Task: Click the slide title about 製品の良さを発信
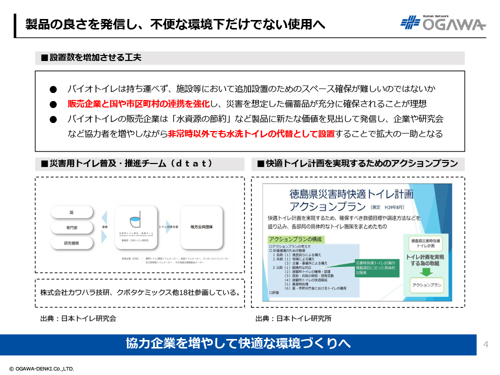(x=175, y=24)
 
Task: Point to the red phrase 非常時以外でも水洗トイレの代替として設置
(x=251, y=134)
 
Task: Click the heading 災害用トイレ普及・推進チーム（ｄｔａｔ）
(x=127, y=164)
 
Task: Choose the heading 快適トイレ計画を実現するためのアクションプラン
(x=357, y=164)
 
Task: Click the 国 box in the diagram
(x=71, y=212)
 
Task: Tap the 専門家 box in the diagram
(x=71, y=228)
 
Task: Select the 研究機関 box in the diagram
(x=71, y=243)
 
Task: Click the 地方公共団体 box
(x=201, y=226)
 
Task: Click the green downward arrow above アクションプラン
(x=425, y=272)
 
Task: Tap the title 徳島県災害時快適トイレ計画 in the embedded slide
(x=351, y=194)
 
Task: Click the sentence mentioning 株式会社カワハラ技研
(x=139, y=292)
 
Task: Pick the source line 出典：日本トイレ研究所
(x=293, y=318)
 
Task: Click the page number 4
(x=486, y=344)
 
